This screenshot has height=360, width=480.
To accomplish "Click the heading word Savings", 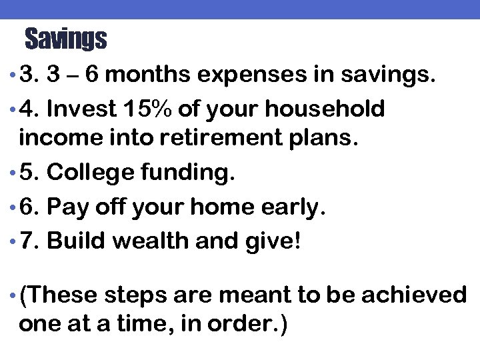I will click(x=65, y=39).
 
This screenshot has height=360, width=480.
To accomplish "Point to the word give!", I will click(x=277, y=240).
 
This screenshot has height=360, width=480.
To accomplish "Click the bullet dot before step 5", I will click(x=14, y=174).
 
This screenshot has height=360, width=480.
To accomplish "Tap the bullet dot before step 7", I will click(x=14, y=241).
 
